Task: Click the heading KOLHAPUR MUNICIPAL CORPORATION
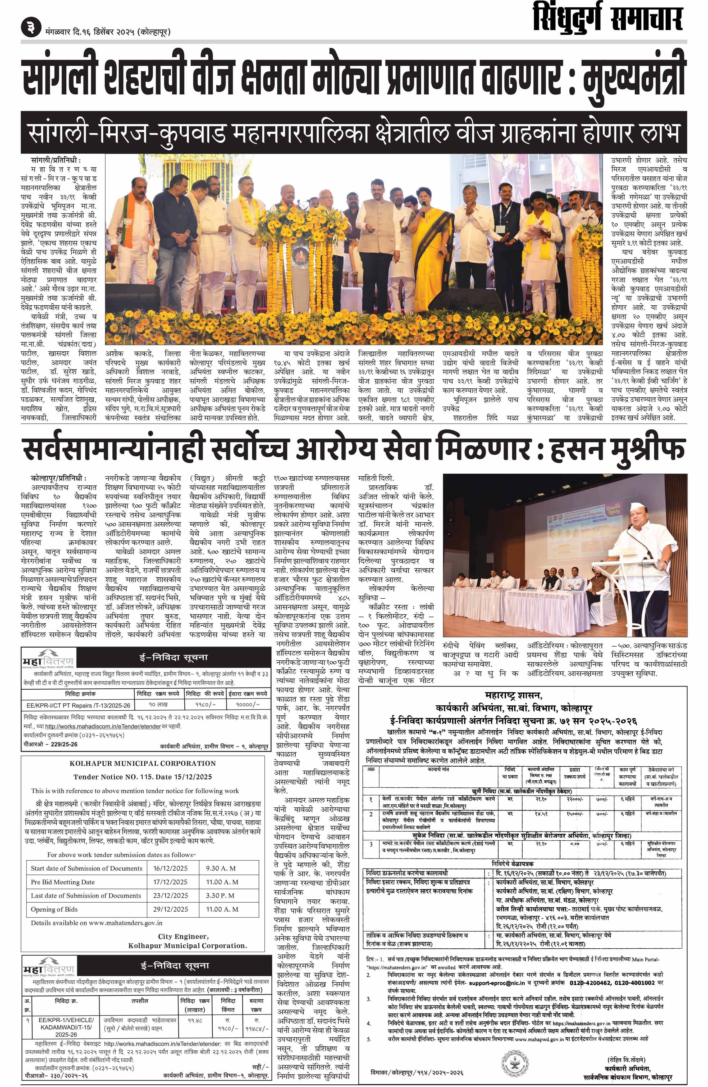click(x=143, y=763)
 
